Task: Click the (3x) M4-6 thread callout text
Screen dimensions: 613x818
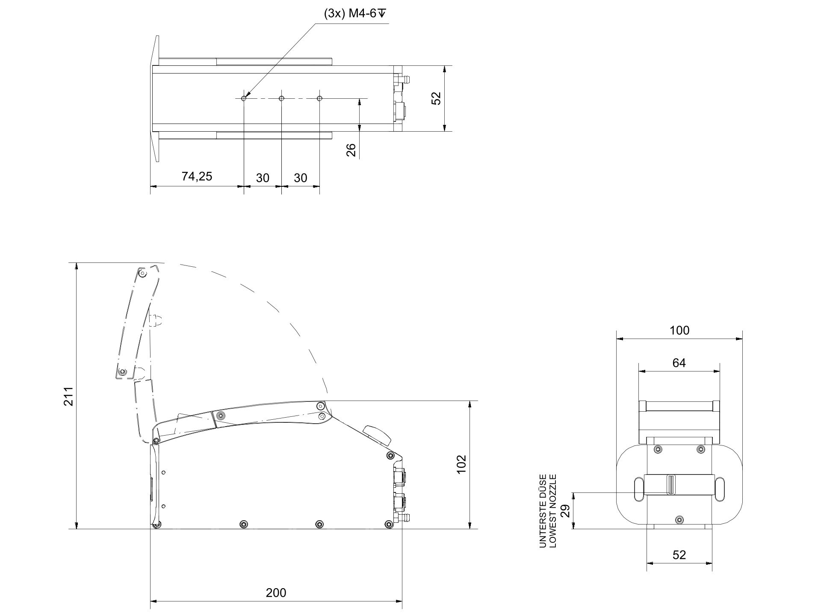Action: [x=354, y=14]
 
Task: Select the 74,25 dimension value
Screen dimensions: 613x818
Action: [x=197, y=176]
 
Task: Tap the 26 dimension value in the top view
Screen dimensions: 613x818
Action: [x=351, y=150]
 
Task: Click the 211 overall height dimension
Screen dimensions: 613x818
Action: [x=69, y=396]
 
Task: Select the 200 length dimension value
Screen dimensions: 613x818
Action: [x=276, y=592]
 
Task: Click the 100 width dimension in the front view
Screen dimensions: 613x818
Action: [x=679, y=330]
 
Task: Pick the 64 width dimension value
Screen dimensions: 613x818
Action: [x=679, y=363]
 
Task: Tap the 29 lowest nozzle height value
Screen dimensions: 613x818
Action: [x=565, y=511]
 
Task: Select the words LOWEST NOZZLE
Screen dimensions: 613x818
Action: [x=553, y=510]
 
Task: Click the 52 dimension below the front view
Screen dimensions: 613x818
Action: [x=679, y=555]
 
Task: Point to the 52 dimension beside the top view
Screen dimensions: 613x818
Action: [x=436, y=98]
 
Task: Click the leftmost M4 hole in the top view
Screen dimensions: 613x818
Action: [x=244, y=98]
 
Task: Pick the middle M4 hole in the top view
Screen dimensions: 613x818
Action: [x=281, y=98]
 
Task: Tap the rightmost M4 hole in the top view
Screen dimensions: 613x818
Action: [x=319, y=98]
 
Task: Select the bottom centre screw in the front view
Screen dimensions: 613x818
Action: [x=679, y=520]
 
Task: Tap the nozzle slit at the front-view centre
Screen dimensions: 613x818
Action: [x=670, y=485]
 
